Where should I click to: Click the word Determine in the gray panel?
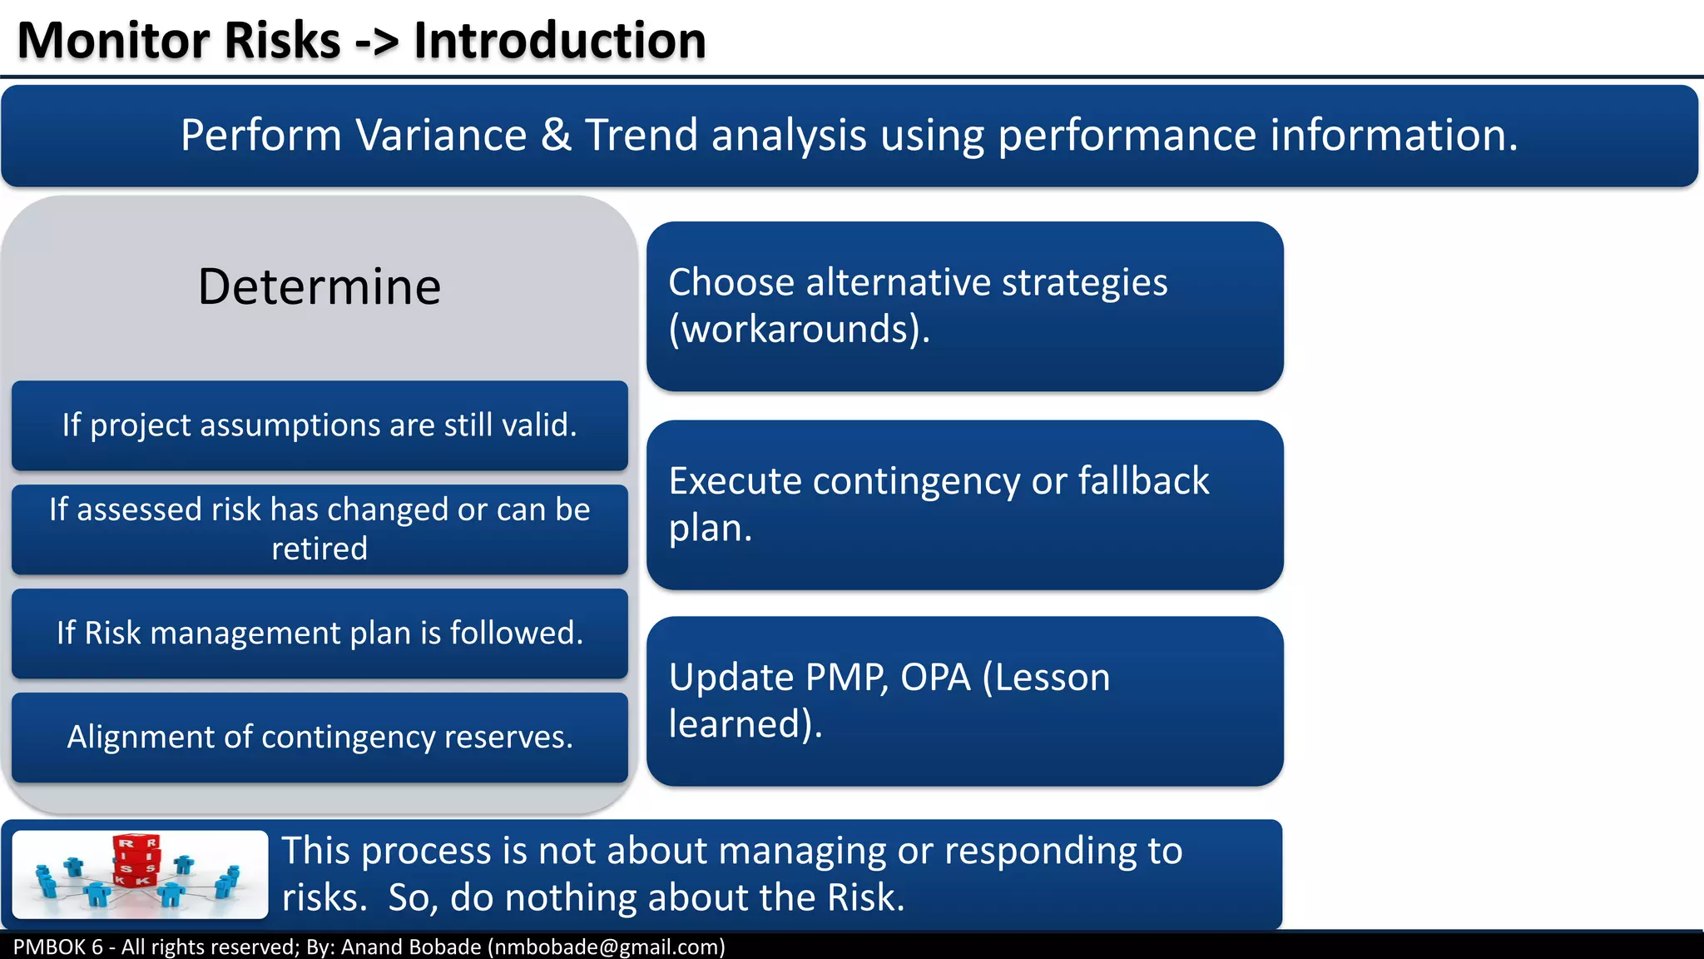point(319,287)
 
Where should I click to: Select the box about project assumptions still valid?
point(319,425)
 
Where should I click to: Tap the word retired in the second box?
point(319,549)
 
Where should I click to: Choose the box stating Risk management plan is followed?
point(319,634)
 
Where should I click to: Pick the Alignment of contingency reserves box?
point(319,738)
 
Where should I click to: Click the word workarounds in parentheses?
point(797,330)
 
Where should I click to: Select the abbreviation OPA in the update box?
point(935,678)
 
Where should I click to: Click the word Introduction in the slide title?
point(559,41)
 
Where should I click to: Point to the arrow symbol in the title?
point(377,42)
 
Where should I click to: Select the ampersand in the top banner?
point(556,136)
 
